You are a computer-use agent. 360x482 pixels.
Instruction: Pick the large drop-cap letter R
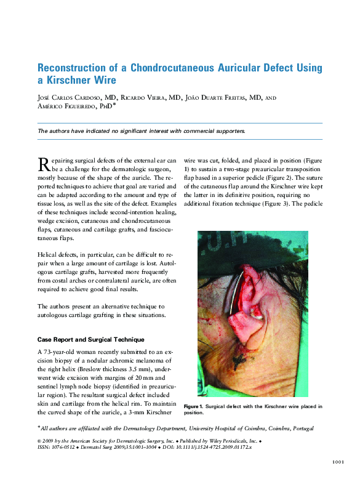43,164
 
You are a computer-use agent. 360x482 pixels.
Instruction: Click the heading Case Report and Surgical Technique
90,339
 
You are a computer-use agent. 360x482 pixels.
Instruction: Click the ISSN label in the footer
44,448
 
